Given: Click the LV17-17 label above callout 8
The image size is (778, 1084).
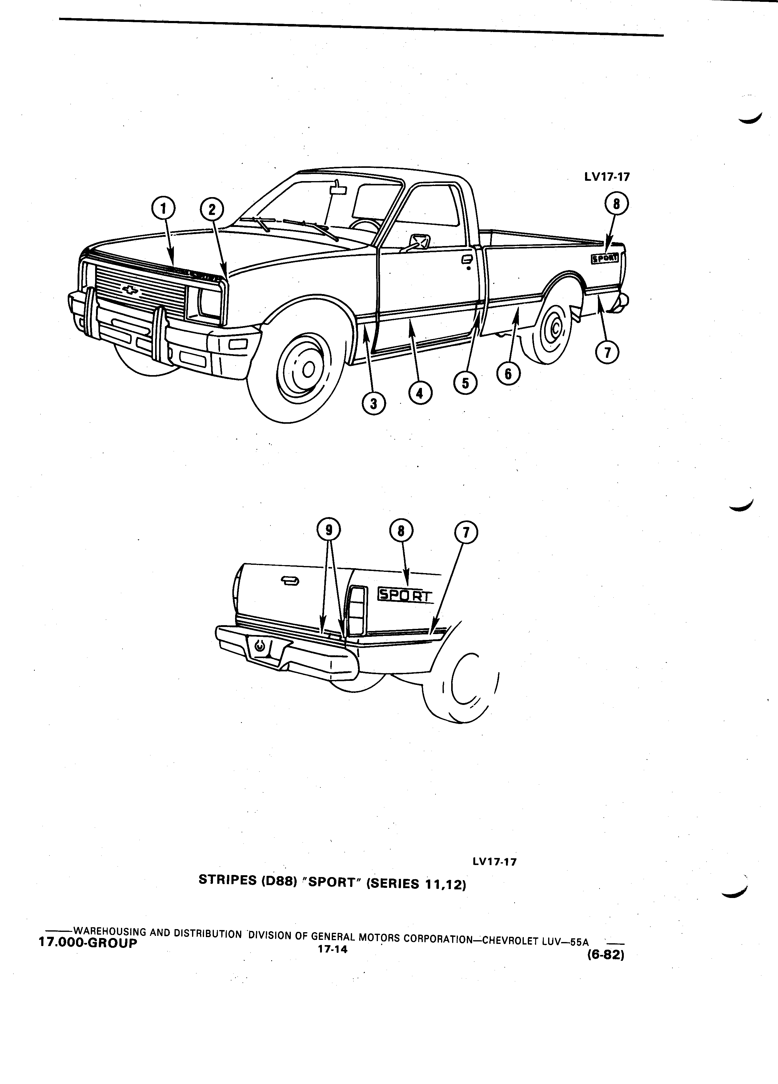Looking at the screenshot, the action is [607, 177].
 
